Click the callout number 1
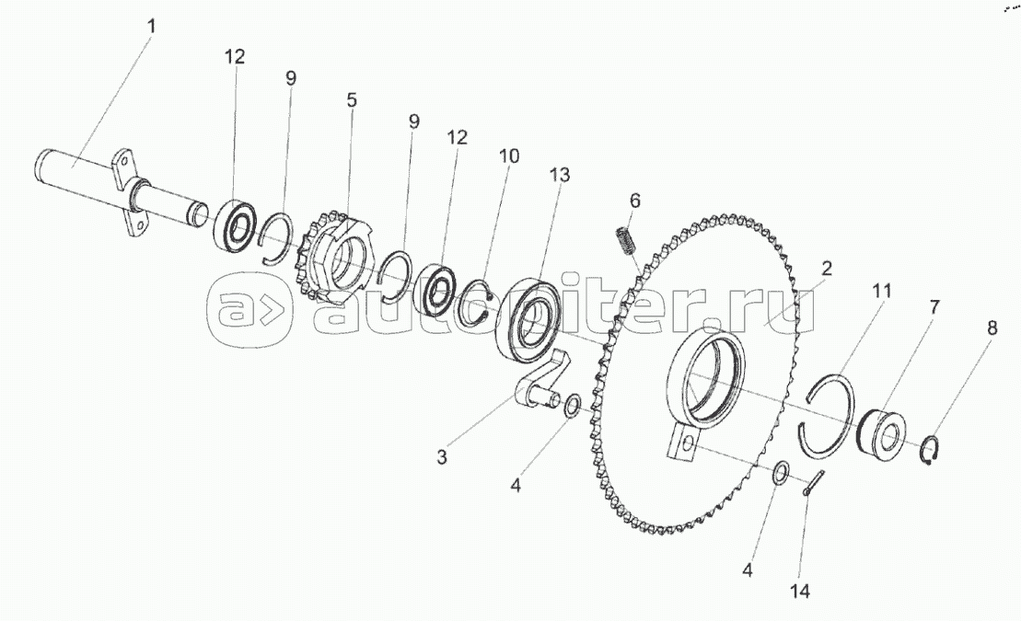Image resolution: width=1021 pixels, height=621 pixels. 152,27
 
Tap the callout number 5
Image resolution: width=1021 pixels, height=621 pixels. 352,99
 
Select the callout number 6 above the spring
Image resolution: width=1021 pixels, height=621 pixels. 635,201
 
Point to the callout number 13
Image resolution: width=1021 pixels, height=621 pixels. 560,175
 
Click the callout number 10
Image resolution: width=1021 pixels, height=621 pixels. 509,155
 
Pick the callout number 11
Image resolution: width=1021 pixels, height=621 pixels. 882,291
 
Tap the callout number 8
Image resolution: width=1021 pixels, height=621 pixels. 992,328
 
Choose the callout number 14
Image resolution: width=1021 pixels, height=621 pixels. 800,591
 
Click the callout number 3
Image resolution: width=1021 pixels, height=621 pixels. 442,457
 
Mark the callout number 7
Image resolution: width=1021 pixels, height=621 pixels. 934,306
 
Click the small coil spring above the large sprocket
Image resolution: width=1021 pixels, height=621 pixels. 625,241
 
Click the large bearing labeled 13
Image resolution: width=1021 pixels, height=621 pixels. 528,319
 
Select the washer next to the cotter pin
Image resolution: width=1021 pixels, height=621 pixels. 781,473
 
